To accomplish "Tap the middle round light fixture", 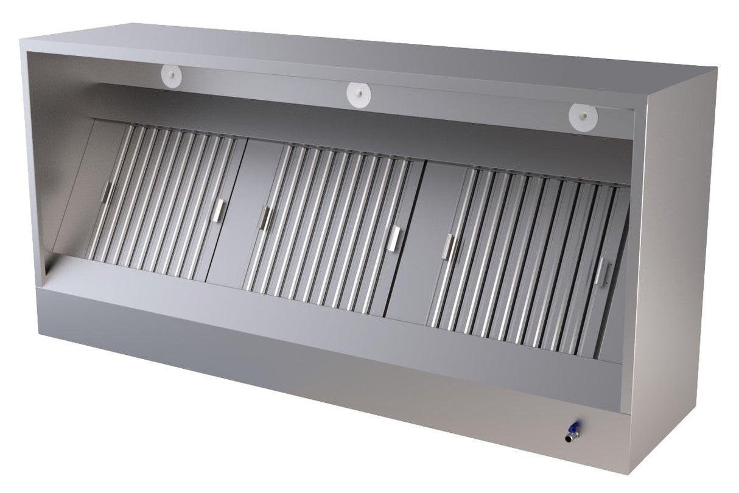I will coord(359,93).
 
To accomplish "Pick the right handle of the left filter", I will coord(217,209).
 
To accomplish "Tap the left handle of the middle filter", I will coord(265,218).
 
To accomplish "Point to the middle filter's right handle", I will coord(396,237).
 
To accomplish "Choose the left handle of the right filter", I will coord(451,245).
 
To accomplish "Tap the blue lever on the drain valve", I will coord(573,427).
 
